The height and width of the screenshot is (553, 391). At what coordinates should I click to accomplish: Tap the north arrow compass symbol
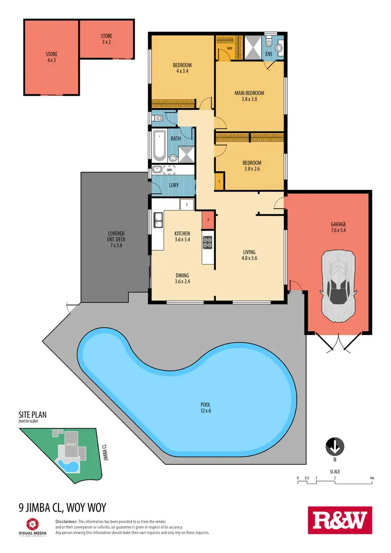point(334,447)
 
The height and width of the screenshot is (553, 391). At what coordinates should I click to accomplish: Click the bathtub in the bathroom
point(160,146)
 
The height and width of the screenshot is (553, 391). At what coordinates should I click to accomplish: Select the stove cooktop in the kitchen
point(207,242)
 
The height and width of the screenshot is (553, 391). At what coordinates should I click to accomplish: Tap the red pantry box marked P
point(208,219)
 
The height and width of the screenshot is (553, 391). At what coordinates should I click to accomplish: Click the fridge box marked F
point(187,204)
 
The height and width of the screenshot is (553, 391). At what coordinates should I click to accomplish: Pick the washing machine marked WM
point(169,170)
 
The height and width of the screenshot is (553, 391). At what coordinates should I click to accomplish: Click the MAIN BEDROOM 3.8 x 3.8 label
point(249,96)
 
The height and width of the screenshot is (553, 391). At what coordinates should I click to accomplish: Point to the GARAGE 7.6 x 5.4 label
point(338,227)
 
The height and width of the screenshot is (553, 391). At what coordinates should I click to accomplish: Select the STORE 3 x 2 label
point(106,39)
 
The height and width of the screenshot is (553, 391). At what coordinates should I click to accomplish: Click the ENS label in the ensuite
point(270,53)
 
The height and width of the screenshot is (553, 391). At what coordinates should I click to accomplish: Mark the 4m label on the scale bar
point(372,478)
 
